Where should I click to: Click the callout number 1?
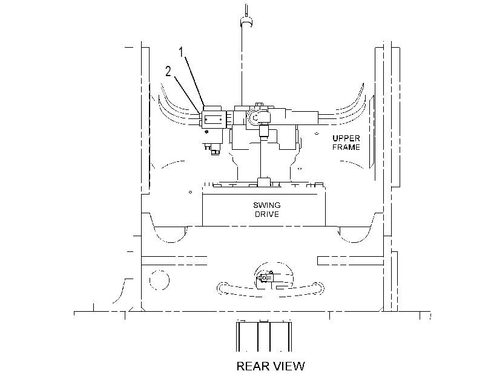coord(181,52)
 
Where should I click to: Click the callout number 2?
coord(168,72)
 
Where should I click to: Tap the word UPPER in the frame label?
coord(346,138)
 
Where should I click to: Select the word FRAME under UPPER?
coord(346,147)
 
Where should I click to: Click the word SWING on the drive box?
coord(267,205)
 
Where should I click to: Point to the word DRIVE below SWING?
coord(267,214)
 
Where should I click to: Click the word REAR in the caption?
coord(252,366)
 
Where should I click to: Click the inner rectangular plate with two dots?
coord(214,120)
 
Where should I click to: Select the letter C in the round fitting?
coord(255,118)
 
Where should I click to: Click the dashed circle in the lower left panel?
coord(159,280)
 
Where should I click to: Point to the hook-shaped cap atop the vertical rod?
coord(246,22)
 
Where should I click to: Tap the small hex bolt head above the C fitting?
coord(259,105)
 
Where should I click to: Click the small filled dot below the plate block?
coord(206,132)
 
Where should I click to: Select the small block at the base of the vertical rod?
coord(264,182)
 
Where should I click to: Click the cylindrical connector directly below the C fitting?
coord(265,131)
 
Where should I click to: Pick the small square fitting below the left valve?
coord(215,152)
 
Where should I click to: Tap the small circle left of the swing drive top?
coord(190,192)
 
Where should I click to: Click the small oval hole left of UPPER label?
coord(317,134)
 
